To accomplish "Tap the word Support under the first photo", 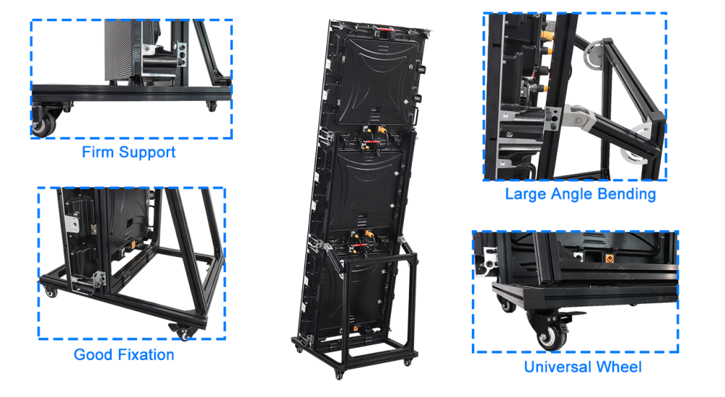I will [x=147, y=153].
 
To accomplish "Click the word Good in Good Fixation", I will [x=91, y=355].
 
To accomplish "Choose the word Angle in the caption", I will [x=571, y=195].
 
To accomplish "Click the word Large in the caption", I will [x=526, y=194].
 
